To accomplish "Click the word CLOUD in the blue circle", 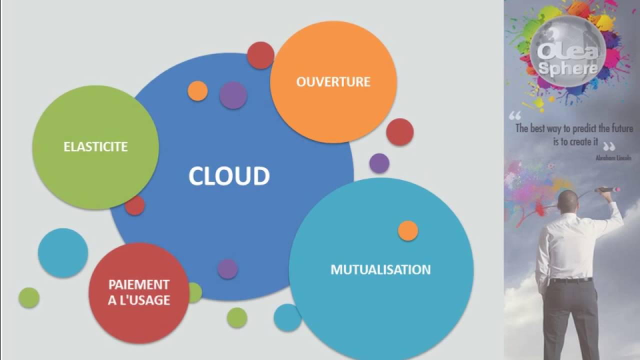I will click(229, 176).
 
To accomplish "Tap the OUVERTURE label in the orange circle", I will click(333, 82).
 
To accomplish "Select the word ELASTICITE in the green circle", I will click(95, 147).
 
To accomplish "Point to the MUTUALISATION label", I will click(380, 270).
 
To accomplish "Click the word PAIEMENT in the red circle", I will click(139, 285).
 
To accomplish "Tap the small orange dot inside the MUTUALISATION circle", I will click(408, 231).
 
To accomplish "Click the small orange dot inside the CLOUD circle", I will click(197, 91).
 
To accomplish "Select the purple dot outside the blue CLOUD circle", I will click(379, 163).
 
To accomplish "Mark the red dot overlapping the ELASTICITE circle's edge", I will click(134, 205).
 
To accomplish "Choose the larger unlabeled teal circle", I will click(63, 253).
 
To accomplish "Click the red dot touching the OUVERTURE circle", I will click(260, 55).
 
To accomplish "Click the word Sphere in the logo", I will click(568, 68).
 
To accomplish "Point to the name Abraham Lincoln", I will click(613, 157).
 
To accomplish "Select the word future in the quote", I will click(620, 129).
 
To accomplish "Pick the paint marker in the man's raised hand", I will click(607, 190).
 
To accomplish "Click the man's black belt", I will click(570, 280).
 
